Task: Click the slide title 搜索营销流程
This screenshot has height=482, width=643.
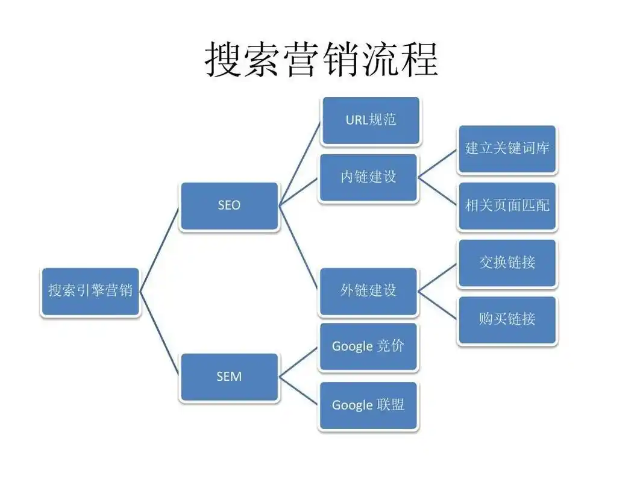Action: (321, 59)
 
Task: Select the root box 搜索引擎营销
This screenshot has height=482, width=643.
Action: (90, 291)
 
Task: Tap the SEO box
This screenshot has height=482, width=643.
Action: (229, 205)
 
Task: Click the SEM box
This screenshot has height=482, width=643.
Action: (229, 377)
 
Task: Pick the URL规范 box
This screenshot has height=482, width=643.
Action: (371, 120)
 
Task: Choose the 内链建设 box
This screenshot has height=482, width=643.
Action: (368, 177)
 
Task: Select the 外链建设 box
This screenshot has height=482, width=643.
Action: (368, 291)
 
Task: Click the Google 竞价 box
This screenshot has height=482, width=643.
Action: (368, 346)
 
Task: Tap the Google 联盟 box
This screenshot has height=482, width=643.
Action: (368, 405)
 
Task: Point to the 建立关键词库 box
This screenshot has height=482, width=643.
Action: (507, 149)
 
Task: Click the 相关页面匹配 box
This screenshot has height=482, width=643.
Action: (507, 205)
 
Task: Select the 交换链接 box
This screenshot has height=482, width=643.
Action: (507, 263)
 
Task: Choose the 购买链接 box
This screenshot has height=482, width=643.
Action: (507, 319)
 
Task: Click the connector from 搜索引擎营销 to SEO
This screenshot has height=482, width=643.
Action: (160, 248)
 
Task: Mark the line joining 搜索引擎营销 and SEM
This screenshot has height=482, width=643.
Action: (160, 334)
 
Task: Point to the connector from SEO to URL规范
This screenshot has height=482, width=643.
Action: (300, 163)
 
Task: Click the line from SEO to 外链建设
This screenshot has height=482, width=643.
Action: (299, 248)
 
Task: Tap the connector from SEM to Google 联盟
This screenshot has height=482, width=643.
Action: (299, 391)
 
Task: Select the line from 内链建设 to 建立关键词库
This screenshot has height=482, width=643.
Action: (438, 163)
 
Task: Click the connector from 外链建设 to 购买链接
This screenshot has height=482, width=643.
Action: (438, 305)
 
